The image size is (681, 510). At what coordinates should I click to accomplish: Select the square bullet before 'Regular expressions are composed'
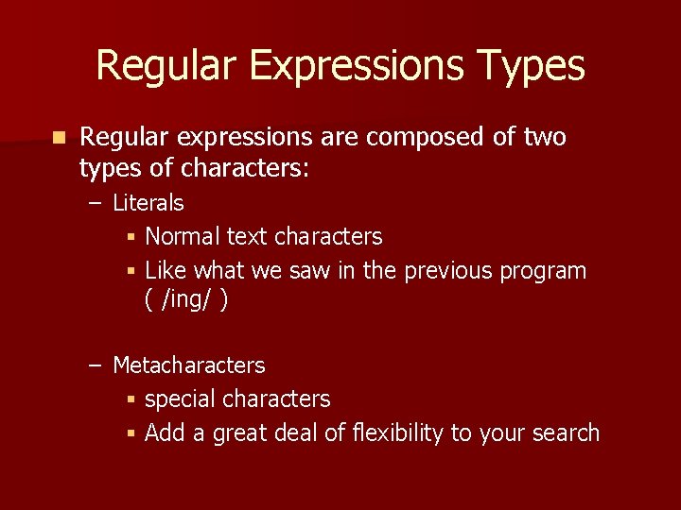point(60,138)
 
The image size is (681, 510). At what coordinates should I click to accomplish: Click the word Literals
point(148,203)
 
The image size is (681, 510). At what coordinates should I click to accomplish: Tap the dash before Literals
point(95,203)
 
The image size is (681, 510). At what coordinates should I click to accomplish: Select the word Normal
point(183,236)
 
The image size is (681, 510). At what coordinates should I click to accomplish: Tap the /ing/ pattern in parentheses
point(186,300)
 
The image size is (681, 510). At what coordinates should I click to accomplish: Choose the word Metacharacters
point(188,365)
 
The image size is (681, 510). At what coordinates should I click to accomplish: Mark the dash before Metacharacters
point(95,365)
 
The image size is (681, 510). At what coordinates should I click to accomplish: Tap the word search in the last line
point(563,433)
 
